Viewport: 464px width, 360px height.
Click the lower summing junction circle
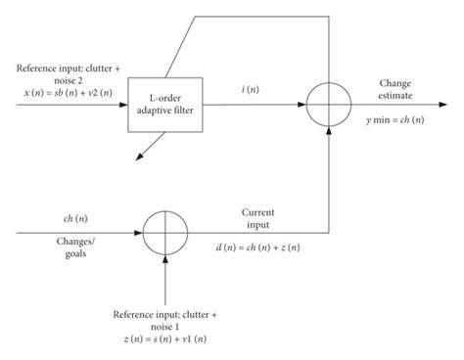pyautogui.click(x=166, y=234)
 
